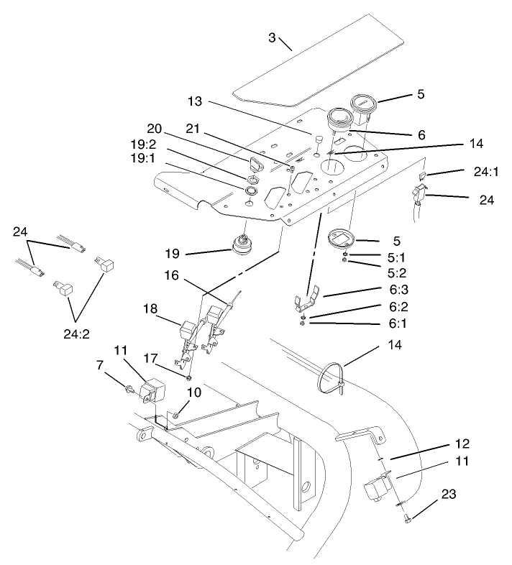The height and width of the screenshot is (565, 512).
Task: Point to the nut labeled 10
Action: (x=175, y=415)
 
